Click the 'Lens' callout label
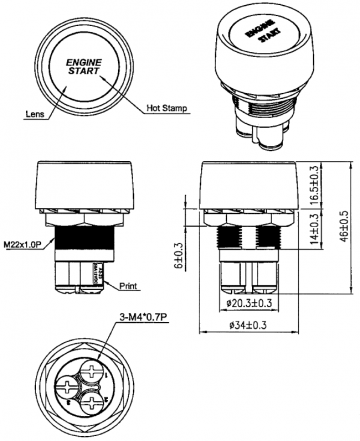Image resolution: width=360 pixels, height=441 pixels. pyautogui.click(x=32, y=115)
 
